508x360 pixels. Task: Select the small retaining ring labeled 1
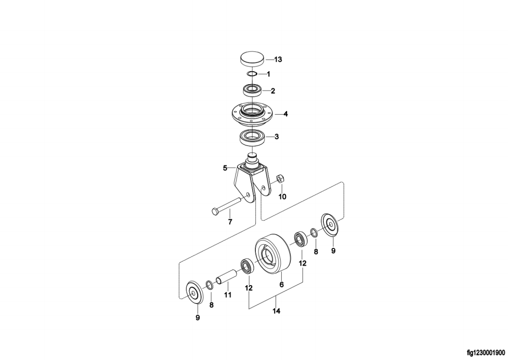(252, 74)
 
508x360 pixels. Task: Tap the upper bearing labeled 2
(252, 90)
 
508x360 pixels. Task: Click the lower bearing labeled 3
(253, 138)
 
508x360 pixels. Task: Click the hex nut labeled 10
(280, 179)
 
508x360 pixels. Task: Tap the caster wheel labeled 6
(272, 255)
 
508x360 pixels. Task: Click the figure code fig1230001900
(486, 352)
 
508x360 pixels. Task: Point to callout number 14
(276, 312)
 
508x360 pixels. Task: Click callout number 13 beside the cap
(278, 60)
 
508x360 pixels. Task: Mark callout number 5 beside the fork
(225, 168)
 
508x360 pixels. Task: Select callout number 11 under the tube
(228, 295)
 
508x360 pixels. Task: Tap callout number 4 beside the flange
(285, 114)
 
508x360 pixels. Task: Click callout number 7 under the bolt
(230, 222)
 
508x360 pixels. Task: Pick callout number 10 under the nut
(282, 196)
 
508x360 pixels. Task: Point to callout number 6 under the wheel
(281, 285)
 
